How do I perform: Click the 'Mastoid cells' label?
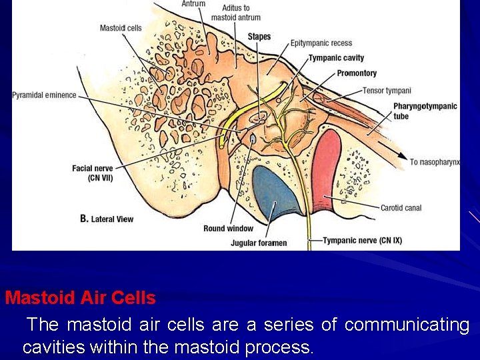121,27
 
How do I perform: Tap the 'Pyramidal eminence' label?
44,95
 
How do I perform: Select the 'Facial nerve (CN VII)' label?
91,173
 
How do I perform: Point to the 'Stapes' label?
259,36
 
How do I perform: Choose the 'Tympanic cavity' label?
336,58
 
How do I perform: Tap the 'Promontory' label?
357,73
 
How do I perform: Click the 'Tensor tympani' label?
387,91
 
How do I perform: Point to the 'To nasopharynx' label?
435,162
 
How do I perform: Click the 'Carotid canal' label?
401,208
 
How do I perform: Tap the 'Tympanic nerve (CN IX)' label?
362,240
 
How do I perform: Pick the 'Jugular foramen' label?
259,243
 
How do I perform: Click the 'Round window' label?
228,229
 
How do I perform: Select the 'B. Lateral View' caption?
107,219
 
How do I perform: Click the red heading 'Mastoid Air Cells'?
80,297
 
